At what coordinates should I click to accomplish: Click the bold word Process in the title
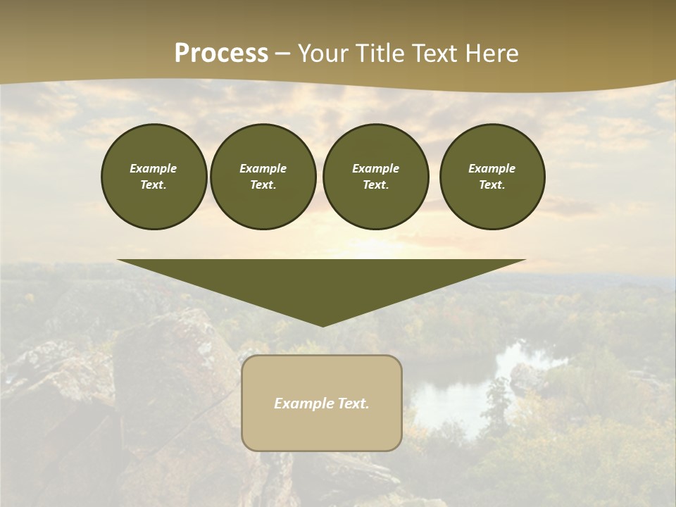[221, 54]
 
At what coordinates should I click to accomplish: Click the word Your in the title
[323, 54]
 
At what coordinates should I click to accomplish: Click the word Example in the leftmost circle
[154, 168]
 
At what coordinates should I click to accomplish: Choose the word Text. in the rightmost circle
[492, 185]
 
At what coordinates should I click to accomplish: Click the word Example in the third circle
[376, 168]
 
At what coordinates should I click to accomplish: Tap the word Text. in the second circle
[263, 185]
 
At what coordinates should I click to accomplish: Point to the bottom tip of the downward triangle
[323, 325]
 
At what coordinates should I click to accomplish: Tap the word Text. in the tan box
[353, 403]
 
